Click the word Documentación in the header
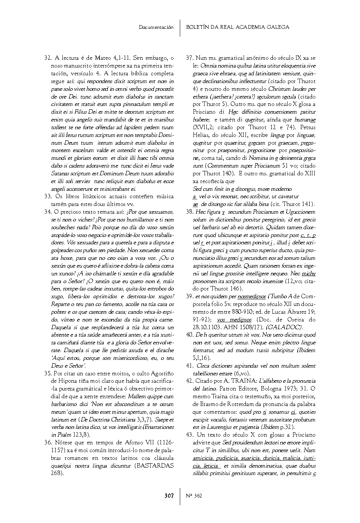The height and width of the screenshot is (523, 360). (156, 27)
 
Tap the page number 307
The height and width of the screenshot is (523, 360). (169, 496)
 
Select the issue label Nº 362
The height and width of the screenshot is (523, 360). (194, 496)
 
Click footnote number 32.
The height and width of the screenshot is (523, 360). (47, 58)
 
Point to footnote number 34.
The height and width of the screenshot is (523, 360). (47, 212)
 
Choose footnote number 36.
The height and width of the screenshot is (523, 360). (47, 443)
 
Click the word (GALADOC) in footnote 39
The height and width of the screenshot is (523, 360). (284, 327)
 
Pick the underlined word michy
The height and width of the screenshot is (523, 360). (309, 273)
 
